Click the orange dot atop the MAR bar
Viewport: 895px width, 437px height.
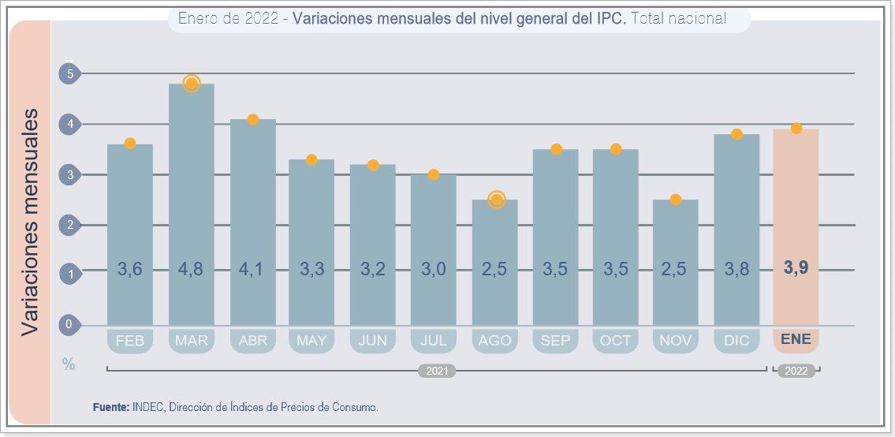tap(191, 84)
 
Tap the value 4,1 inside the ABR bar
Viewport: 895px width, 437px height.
tap(252, 269)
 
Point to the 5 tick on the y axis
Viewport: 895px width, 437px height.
tap(70, 74)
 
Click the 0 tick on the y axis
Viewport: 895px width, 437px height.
tap(70, 324)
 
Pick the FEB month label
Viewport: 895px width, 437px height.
tap(129, 341)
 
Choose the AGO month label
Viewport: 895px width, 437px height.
tap(495, 341)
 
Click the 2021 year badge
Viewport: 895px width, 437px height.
tap(436, 371)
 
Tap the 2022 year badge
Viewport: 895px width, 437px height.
tap(796, 371)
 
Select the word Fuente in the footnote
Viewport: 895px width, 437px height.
tap(110, 408)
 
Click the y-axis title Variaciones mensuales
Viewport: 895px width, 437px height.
tap(29, 222)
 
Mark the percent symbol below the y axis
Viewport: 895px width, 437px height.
tap(69, 364)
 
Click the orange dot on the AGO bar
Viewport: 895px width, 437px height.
tap(496, 200)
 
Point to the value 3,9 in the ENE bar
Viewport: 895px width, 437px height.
tap(796, 268)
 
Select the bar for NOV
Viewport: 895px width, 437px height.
tap(676, 260)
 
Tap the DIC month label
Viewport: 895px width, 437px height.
tap(737, 341)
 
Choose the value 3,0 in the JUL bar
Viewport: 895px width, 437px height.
tap(434, 269)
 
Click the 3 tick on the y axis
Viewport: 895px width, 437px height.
tap(70, 175)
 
